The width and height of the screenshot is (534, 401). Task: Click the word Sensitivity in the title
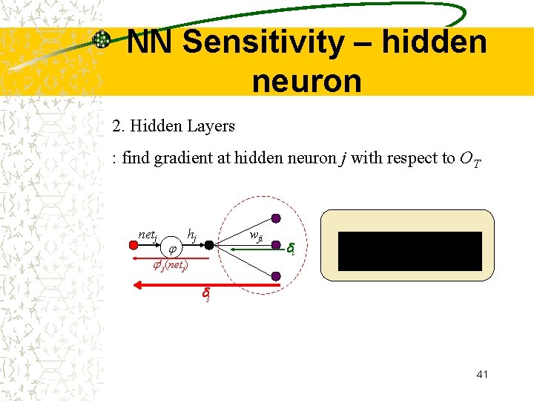pos(263,42)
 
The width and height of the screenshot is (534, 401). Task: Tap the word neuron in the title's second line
pos(306,80)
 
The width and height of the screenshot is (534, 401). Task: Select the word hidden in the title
pos(435,42)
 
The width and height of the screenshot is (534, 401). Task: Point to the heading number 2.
pos(117,126)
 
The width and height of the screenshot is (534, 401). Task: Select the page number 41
pos(482,374)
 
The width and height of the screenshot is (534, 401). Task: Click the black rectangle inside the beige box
pos(410,251)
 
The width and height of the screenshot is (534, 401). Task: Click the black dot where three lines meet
pos(210,245)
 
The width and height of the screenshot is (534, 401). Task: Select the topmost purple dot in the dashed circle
pos(276,218)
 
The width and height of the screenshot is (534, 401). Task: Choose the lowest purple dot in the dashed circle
pos(276,276)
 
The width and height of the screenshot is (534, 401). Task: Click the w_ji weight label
pos(256,237)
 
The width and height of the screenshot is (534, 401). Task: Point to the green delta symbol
pos(291,249)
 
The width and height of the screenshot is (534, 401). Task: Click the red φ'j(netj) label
pos(170,265)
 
